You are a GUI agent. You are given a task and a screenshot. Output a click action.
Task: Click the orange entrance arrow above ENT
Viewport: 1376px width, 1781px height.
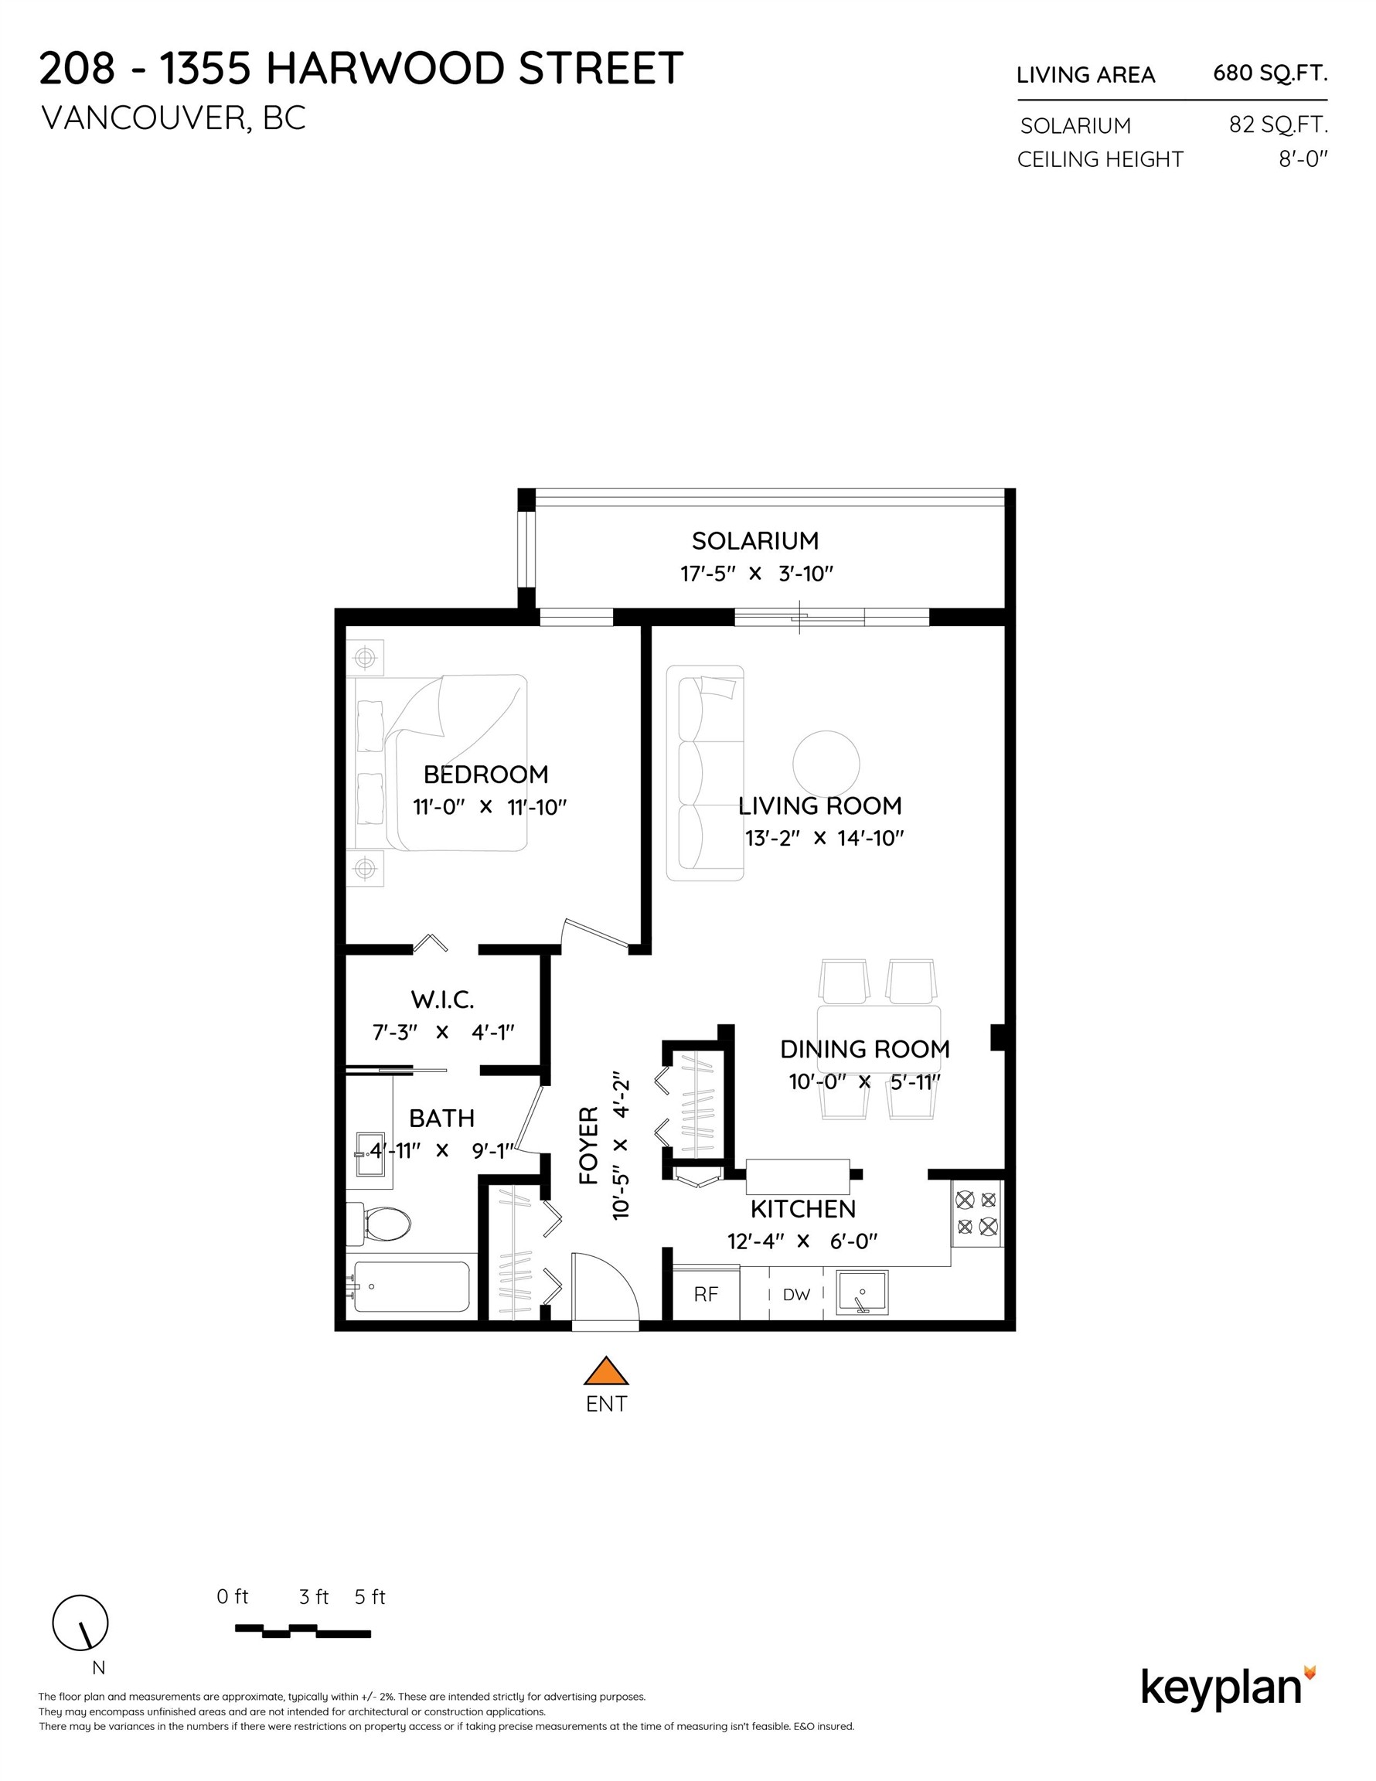[606, 1372]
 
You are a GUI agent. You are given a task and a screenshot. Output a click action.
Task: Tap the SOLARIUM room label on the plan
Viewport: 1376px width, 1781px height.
[754, 540]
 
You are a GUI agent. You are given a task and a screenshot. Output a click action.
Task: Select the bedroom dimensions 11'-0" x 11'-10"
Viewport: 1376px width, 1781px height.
[489, 807]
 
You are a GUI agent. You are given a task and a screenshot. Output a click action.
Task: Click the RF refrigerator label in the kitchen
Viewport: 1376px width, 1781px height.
[706, 1294]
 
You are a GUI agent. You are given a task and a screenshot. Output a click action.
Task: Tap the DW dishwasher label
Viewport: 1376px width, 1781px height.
[796, 1295]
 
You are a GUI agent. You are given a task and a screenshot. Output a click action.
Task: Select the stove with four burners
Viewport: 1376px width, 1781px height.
[976, 1213]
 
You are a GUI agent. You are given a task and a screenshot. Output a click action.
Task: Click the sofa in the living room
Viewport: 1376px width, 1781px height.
[705, 773]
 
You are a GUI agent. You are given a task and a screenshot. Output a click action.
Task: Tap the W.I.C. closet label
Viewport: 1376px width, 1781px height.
[442, 999]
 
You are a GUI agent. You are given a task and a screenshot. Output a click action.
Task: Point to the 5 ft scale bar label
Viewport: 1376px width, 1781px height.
[370, 1598]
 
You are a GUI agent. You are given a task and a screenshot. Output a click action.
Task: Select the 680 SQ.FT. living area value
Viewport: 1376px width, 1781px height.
[1269, 73]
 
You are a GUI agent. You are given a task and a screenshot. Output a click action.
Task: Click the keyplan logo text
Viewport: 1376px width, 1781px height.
[1221, 1688]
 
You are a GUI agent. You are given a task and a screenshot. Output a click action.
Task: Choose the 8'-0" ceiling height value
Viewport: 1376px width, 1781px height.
[1303, 159]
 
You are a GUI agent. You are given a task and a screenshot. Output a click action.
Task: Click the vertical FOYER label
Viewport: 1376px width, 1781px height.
[589, 1145]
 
